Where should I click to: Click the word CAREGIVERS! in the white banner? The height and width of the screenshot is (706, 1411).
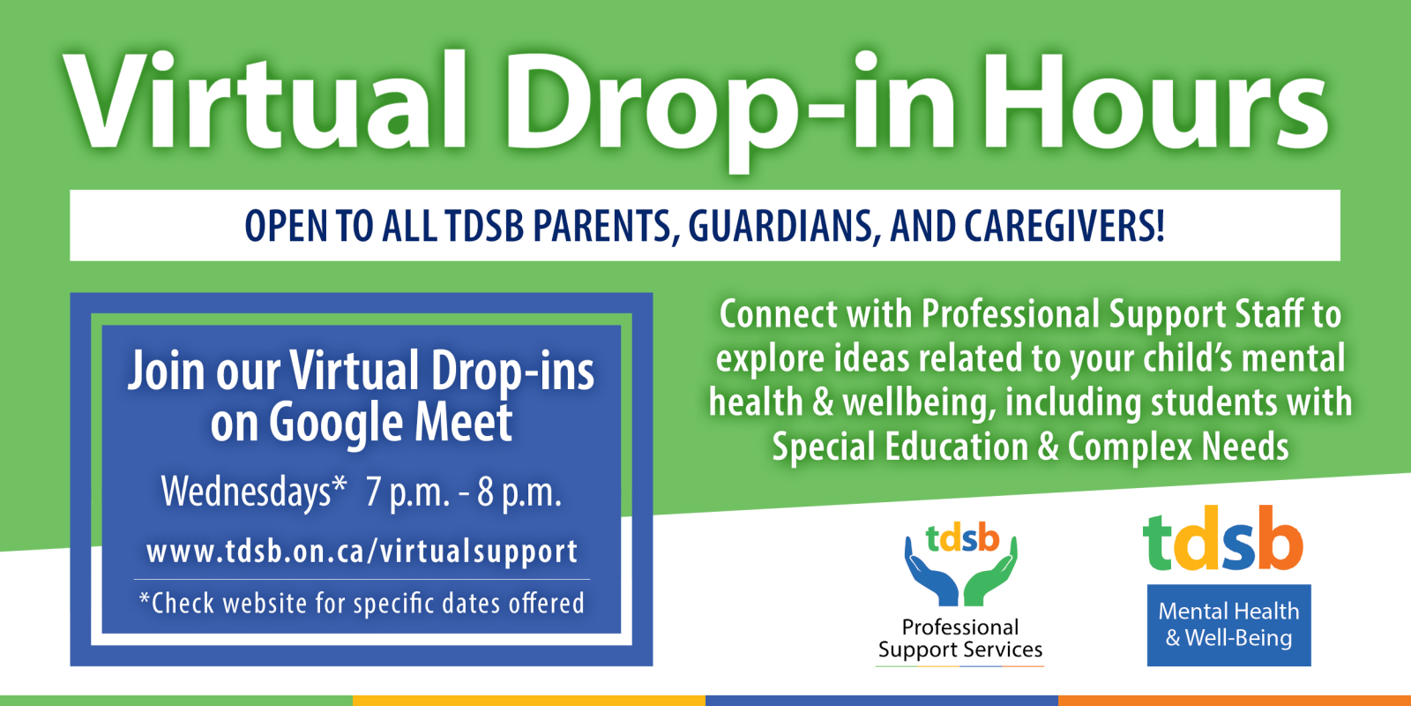click(x=1064, y=226)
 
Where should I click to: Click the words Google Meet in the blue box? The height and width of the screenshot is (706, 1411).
click(x=391, y=424)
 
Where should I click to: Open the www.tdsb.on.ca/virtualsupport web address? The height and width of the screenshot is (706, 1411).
click(x=362, y=552)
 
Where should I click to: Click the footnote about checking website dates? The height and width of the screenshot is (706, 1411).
click(x=362, y=604)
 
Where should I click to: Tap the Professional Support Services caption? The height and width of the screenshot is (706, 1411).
click(x=960, y=639)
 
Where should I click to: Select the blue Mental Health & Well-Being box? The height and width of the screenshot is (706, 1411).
click(x=1229, y=625)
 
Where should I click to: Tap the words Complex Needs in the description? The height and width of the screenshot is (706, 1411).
click(x=1178, y=447)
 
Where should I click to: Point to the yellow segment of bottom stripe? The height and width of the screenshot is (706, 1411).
click(x=529, y=701)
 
